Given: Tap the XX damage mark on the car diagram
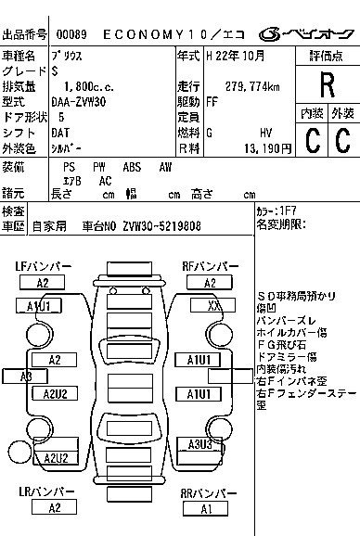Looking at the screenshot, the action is pos(214,305).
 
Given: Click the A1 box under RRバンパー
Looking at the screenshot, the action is pos(206,508).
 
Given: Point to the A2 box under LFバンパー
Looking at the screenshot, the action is pos(43,283).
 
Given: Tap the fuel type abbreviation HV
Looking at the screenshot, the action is pos(265,133).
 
